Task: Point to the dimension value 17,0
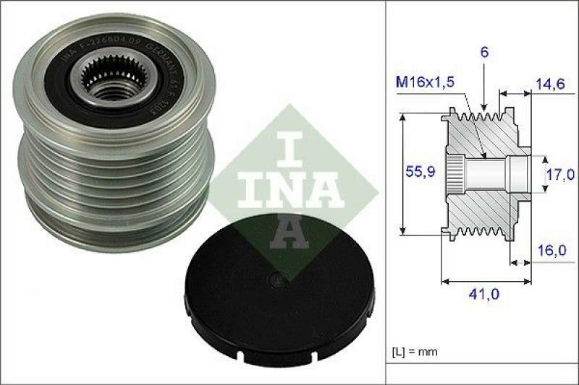pyautogui.click(x=560, y=174)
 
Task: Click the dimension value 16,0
pyautogui.click(x=552, y=250)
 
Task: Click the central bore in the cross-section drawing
pyautogui.click(x=485, y=173)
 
